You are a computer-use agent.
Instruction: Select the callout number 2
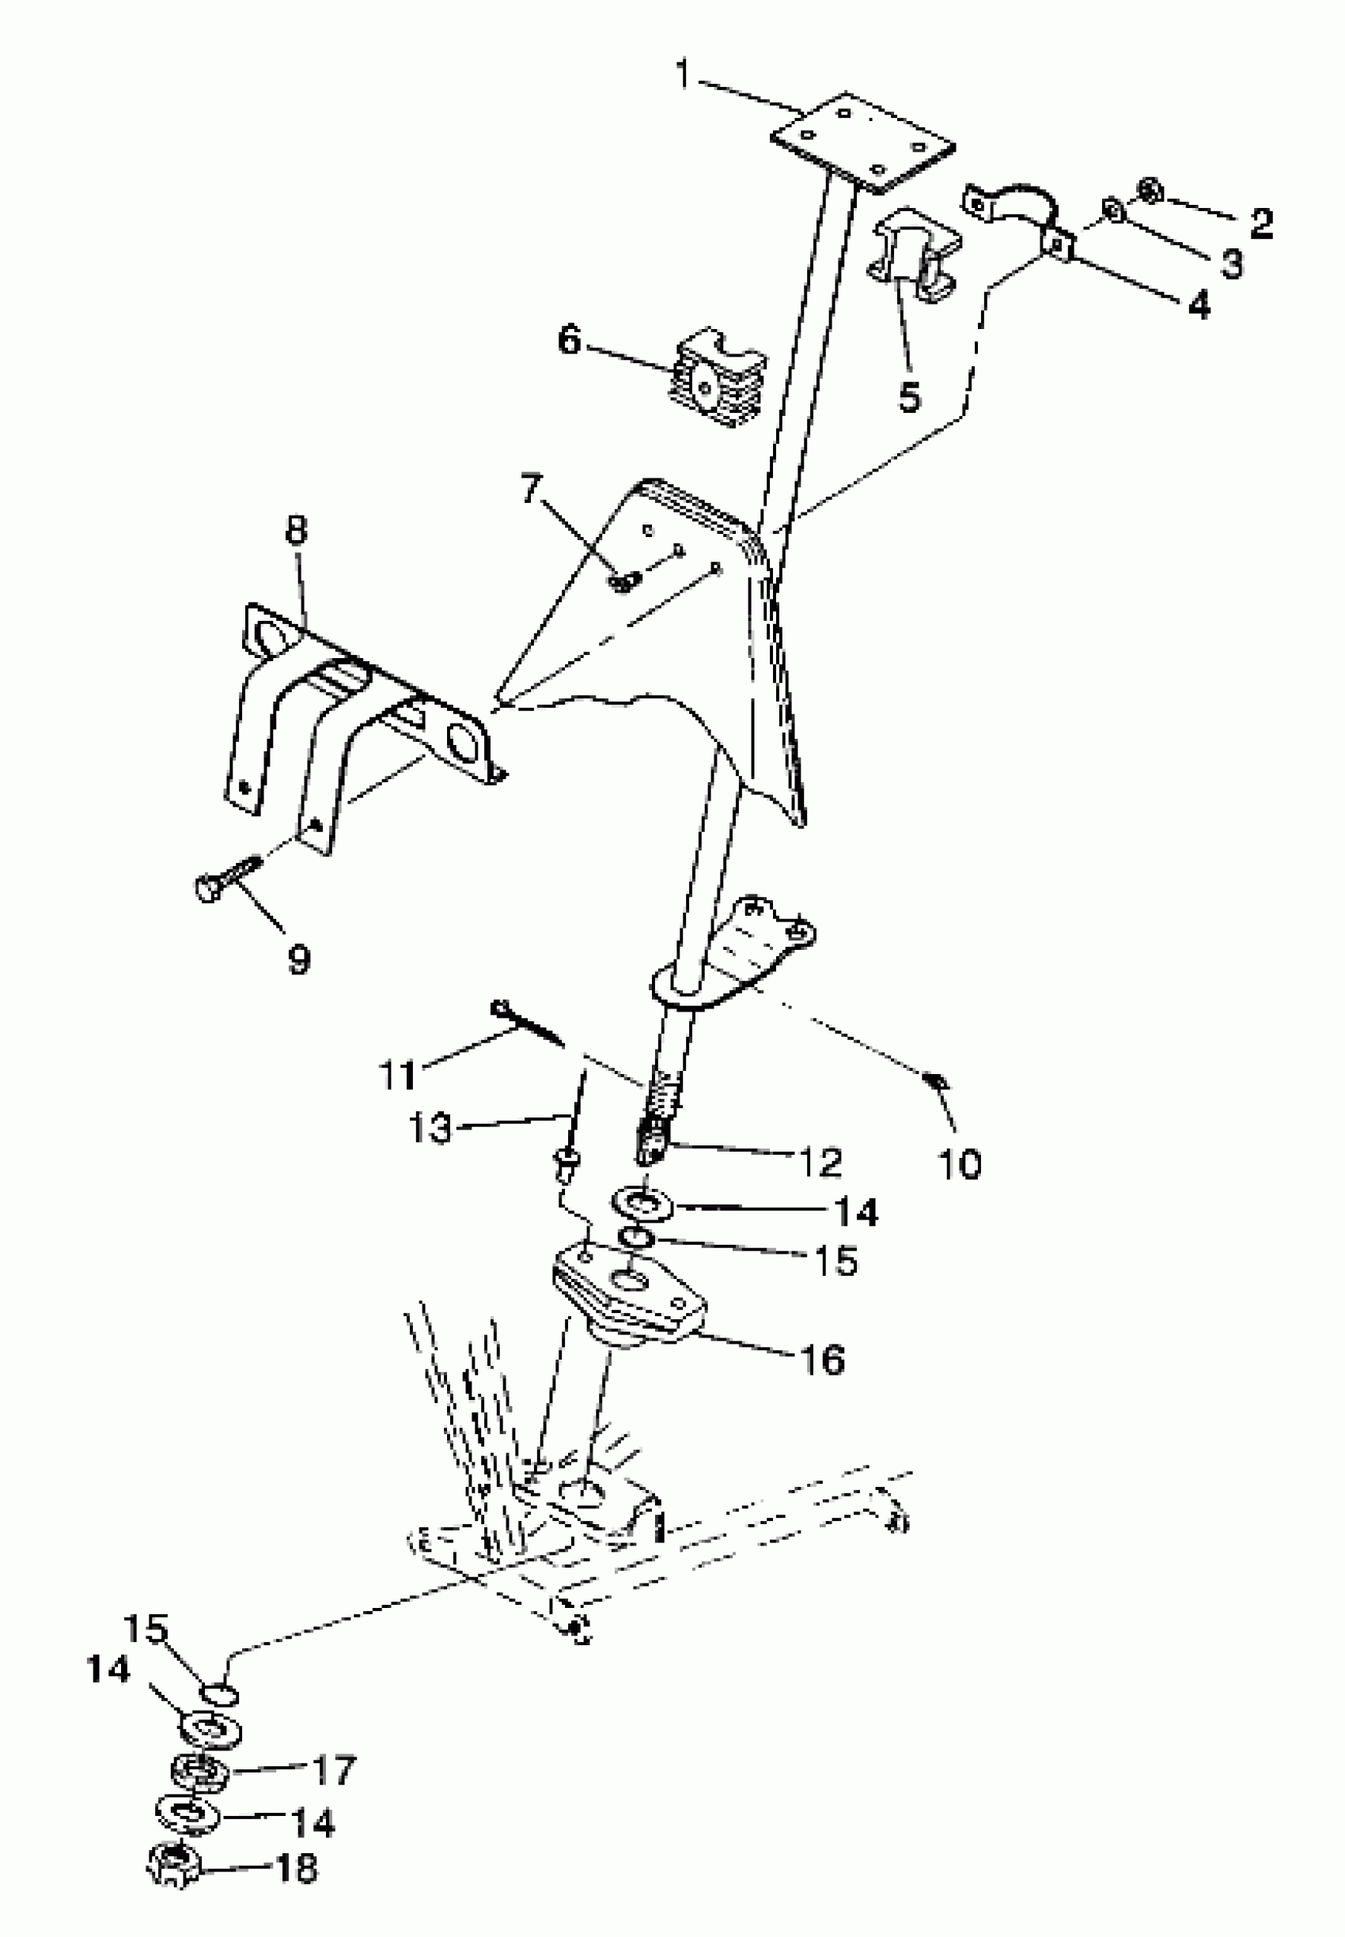coord(1260,223)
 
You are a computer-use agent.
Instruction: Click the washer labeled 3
coord(1113,212)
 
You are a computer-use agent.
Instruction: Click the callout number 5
coord(909,395)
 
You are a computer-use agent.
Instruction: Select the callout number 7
coord(532,490)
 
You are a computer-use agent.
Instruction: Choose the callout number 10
coord(959,1164)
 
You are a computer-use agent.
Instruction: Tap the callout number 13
coord(430,1128)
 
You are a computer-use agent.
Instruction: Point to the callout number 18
coord(295,1864)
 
